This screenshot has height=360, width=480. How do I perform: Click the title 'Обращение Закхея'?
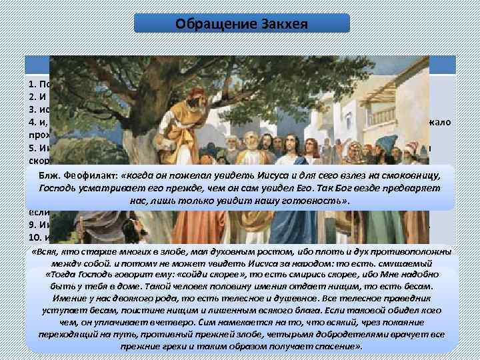pyautogui.click(x=241, y=24)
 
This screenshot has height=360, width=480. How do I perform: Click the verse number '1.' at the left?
pyautogui.click(x=32, y=85)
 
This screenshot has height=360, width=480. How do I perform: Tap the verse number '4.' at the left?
pyautogui.click(x=32, y=123)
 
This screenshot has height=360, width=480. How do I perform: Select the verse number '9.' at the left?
pyautogui.click(x=32, y=225)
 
